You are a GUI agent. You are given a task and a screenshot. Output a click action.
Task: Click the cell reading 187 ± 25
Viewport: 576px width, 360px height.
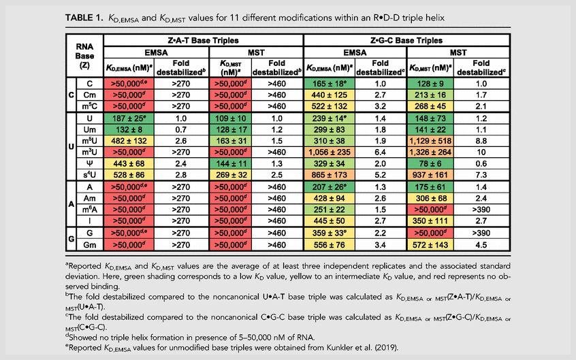coord(129,118)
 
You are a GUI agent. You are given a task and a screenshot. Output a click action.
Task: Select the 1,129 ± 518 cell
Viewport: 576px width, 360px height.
coord(430,141)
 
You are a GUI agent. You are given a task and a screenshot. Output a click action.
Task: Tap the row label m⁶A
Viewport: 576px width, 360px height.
coord(90,210)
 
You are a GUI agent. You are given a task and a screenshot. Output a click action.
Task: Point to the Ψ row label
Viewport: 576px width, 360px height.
coord(90,163)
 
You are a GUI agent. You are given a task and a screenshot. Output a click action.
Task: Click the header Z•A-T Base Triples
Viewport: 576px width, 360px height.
coord(203,40)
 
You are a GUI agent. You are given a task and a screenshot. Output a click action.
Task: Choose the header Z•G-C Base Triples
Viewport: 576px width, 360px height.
coord(406,40)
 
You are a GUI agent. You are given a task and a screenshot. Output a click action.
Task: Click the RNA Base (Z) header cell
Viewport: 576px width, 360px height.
coord(84,56)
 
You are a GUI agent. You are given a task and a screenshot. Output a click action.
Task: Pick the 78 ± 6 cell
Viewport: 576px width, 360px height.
coord(430,163)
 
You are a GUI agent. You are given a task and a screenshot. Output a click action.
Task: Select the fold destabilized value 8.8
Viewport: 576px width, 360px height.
coord(481,141)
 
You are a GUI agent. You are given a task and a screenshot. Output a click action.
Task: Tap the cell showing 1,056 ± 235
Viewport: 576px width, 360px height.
coord(330,152)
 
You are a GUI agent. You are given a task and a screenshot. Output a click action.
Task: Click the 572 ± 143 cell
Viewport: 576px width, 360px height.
coord(430,245)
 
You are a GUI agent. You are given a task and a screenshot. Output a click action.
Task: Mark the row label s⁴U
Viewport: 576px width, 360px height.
coord(90,175)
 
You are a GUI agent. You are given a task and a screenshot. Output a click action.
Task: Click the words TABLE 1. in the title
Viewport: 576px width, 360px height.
coord(84,18)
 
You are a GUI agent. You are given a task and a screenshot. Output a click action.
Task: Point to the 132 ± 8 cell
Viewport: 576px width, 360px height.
coord(129,130)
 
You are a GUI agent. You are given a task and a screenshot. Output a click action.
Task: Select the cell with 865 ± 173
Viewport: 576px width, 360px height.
coord(330,175)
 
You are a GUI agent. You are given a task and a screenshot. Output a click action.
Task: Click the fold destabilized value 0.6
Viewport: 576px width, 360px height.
coord(481,163)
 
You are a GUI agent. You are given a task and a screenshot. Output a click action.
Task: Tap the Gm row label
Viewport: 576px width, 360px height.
coord(90,245)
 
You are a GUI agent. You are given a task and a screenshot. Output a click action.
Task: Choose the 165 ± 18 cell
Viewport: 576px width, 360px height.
coord(330,84)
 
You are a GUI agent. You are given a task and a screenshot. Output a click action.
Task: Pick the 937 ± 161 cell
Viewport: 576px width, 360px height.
coord(430,175)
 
